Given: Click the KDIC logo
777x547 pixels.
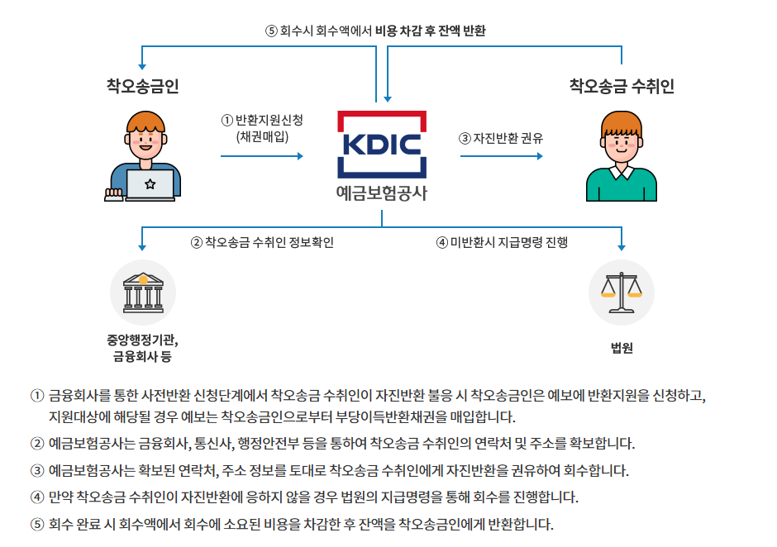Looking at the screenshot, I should coord(381,144).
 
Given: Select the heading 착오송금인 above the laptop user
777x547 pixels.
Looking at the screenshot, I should coord(142,85).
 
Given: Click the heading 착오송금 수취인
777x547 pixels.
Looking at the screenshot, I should coord(621,85).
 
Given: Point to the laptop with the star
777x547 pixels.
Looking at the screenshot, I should coord(150,184).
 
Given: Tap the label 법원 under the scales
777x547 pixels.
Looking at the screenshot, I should coord(621,348).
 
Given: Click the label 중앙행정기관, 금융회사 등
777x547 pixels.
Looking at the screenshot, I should coord(143,348).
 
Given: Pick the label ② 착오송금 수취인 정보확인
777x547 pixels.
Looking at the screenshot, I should coord(262,242).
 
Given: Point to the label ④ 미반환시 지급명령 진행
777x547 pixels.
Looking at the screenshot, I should coord(502,242).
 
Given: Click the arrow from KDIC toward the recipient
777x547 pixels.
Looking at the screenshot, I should coord(501,155).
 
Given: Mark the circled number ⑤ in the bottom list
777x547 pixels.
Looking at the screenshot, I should coord(36,524).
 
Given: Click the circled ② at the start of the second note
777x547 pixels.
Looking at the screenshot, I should coord(36,444).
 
